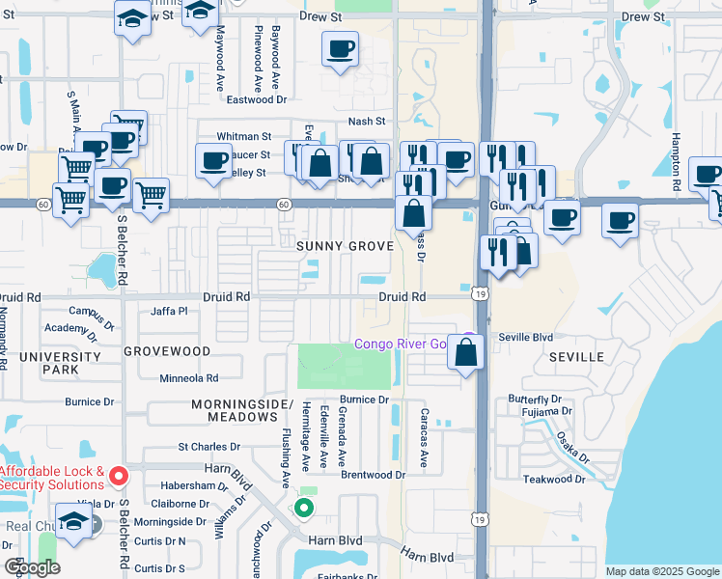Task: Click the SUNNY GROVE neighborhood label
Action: click(345, 246)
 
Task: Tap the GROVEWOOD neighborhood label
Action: click(167, 351)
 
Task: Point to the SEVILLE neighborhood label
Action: click(576, 357)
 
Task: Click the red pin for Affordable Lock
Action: click(118, 476)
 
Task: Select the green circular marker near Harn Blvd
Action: click(305, 508)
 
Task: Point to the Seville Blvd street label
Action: click(526, 337)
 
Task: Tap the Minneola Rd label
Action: click(189, 378)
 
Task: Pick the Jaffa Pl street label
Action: click(169, 311)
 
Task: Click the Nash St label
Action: click(367, 122)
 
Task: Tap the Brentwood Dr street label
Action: click(373, 475)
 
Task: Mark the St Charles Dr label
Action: click(208, 447)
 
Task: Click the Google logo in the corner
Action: click(32, 567)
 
